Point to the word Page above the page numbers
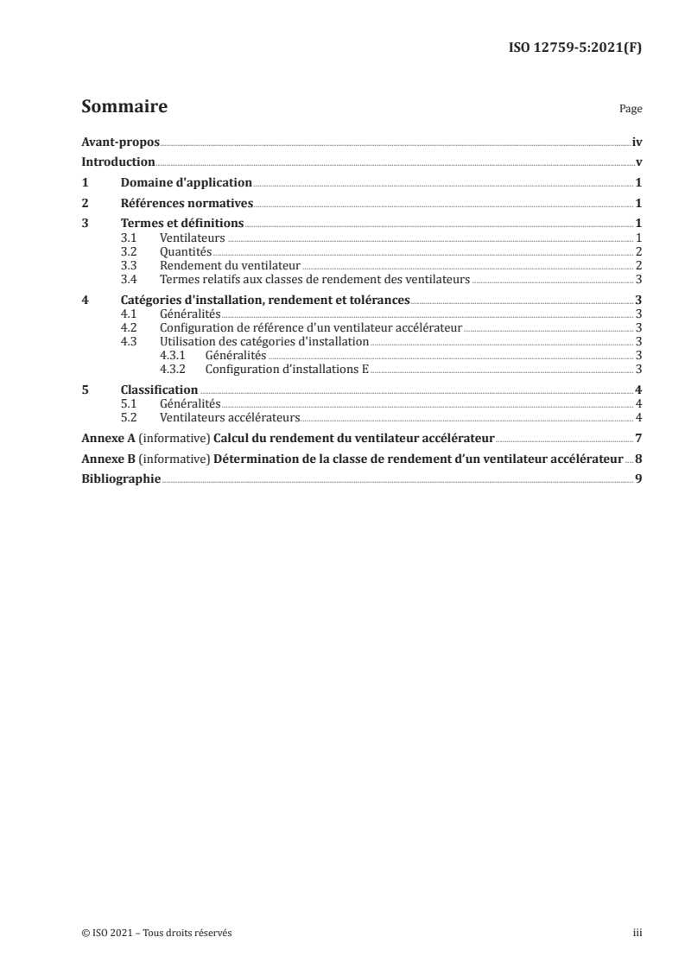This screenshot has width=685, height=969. (631, 110)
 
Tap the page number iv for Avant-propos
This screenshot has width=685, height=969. (637, 142)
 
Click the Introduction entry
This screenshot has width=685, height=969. (117, 162)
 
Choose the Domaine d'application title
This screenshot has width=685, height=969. (186, 183)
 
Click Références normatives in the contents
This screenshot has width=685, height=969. (187, 204)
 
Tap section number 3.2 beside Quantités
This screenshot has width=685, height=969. (130, 251)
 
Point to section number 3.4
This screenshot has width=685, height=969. (130, 279)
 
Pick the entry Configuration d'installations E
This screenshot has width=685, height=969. (288, 369)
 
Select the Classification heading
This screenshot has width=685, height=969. (160, 390)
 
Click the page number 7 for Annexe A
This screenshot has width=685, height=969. (638, 438)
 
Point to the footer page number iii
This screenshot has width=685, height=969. (637, 933)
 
